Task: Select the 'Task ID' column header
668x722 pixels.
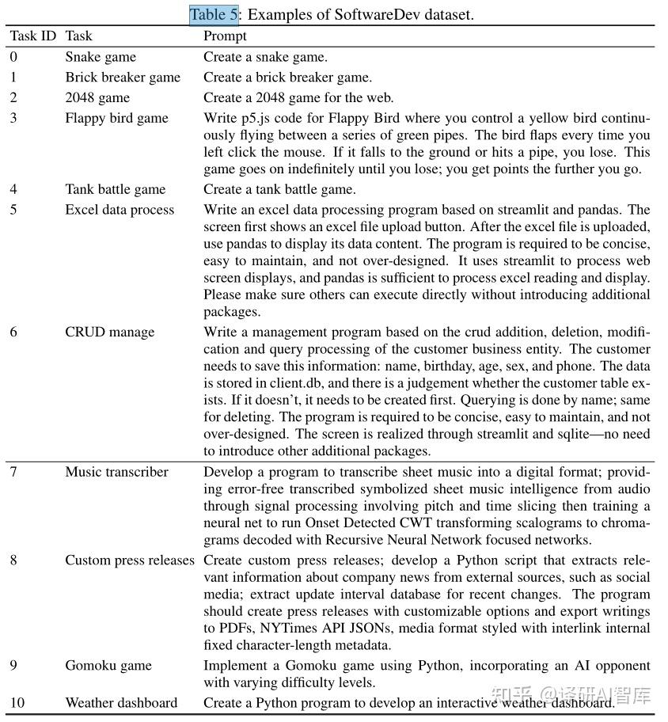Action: (x=33, y=36)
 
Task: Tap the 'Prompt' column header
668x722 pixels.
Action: (x=225, y=36)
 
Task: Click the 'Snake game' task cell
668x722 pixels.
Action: (x=101, y=57)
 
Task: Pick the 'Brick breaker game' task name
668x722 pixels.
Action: (x=123, y=78)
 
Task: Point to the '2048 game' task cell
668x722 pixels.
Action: (x=97, y=98)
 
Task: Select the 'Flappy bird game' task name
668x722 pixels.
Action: (x=116, y=119)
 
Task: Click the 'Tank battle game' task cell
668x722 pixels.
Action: (x=116, y=189)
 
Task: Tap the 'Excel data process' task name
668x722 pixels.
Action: (x=120, y=210)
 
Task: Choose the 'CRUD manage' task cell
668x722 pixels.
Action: (x=109, y=332)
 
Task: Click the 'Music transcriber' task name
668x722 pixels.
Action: (x=116, y=472)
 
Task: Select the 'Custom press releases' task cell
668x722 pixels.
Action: (x=130, y=560)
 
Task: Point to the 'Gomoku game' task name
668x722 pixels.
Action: (x=108, y=665)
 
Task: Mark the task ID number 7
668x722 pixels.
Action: (x=13, y=472)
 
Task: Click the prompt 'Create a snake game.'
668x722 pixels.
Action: (x=265, y=57)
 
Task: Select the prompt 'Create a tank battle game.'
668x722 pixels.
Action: (x=279, y=189)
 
